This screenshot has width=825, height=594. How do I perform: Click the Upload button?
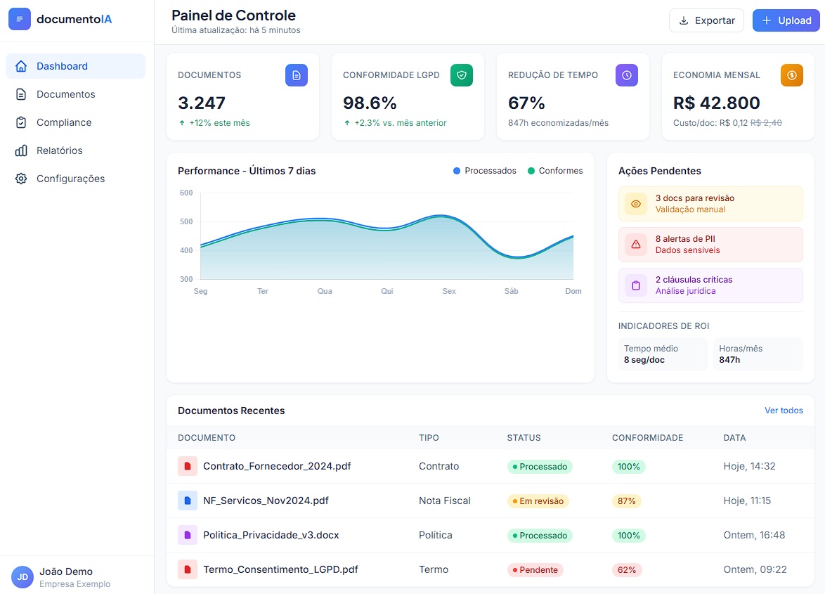click(786, 20)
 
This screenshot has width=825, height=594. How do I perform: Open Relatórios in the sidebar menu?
click(59, 150)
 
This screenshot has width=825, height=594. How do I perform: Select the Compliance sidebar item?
click(63, 122)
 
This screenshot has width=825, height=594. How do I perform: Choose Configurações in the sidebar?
click(70, 179)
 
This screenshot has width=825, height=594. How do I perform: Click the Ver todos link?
click(784, 411)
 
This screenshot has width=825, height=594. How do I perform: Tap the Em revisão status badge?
click(538, 501)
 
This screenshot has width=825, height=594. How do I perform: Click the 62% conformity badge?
click(627, 570)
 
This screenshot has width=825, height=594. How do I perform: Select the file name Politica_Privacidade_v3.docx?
click(271, 535)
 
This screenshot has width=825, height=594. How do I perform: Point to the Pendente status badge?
click(535, 570)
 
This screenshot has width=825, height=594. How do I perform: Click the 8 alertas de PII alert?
click(710, 245)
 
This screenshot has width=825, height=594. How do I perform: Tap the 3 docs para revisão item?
click(710, 204)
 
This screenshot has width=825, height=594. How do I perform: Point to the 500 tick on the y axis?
click(186, 221)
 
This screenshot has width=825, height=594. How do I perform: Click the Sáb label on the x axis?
click(511, 291)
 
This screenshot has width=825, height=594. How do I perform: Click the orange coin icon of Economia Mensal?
click(791, 75)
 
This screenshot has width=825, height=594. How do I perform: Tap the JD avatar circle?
click(22, 577)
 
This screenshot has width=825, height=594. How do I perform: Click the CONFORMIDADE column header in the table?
click(647, 438)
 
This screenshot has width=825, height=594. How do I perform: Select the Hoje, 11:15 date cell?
click(747, 501)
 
